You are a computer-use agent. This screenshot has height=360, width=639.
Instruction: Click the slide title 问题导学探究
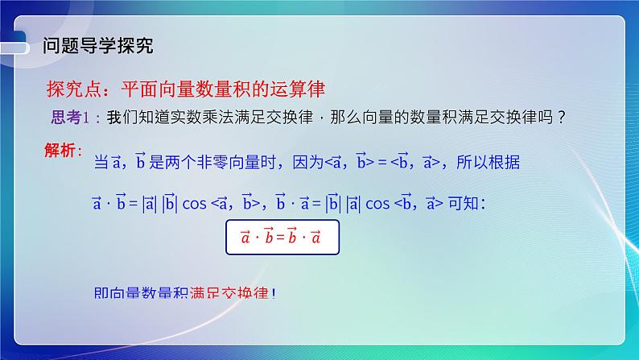[97, 45]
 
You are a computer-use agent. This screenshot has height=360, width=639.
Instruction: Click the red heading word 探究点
[71, 88]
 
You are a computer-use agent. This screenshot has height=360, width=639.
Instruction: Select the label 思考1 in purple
[70, 118]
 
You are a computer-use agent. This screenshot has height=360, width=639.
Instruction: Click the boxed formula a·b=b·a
[281, 238]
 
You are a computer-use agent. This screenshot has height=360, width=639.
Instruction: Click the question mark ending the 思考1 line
[561, 118]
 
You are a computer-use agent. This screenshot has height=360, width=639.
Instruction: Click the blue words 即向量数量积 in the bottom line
[141, 293]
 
